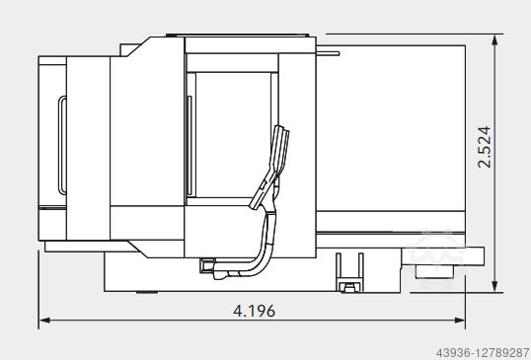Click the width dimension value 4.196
254,311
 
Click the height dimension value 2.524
484,147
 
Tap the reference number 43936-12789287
483,353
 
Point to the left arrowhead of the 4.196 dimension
44,321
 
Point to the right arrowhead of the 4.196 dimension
460,321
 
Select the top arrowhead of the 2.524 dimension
494,39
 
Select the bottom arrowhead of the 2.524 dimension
494,286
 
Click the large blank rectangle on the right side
391,128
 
